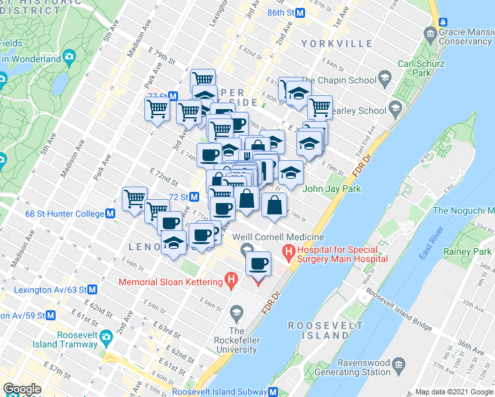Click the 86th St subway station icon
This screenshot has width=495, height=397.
(x=300, y=13)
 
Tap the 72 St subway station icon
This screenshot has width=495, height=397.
(x=195, y=197)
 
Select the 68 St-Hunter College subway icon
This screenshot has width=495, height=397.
(x=111, y=214)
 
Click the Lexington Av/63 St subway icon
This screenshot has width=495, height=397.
(x=93, y=290)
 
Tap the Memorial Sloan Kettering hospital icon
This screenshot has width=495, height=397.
(x=230, y=281)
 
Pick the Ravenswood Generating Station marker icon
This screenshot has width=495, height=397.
(x=398, y=364)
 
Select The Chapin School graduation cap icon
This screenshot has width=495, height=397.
(x=384, y=80)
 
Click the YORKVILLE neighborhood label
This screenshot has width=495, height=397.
(x=336, y=44)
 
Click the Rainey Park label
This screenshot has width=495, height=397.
(x=467, y=252)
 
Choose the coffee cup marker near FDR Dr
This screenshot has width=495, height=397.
(x=259, y=263)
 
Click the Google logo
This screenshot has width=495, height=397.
(x=22, y=389)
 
